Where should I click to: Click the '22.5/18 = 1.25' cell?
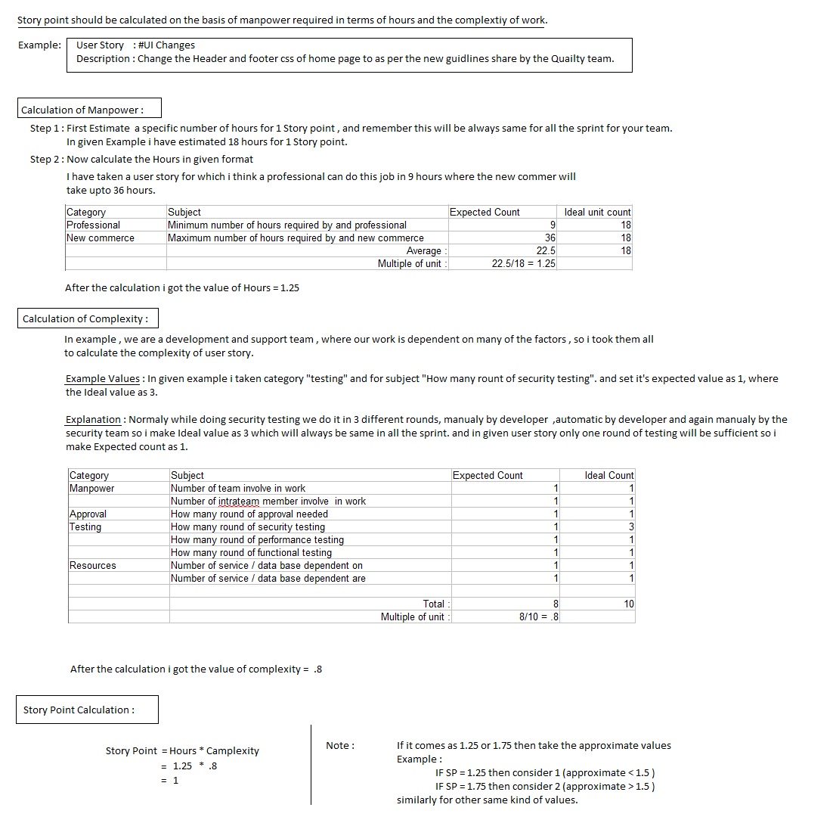click(x=523, y=263)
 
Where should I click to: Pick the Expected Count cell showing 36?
click(x=550, y=238)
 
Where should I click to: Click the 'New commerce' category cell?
click(x=101, y=238)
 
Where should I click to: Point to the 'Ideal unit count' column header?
click(x=597, y=212)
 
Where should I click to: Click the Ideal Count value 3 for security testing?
click(x=630, y=526)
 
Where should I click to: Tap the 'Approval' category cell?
click(x=88, y=514)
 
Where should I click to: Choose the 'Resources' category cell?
click(x=93, y=565)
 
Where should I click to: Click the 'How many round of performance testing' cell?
click(x=257, y=539)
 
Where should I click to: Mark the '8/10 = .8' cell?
click(x=538, y=617)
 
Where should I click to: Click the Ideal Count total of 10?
click(x=629, y=604)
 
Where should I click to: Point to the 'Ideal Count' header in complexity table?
click(x=609, y=475)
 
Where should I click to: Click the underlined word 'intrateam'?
click(x=238, y=501)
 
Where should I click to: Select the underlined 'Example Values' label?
click(x=103, y=378)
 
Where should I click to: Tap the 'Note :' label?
click(x=340, y=745)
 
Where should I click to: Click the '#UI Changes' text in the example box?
click(x=166, y=45)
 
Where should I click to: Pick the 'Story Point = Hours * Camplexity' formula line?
click(x=182, y=750)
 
